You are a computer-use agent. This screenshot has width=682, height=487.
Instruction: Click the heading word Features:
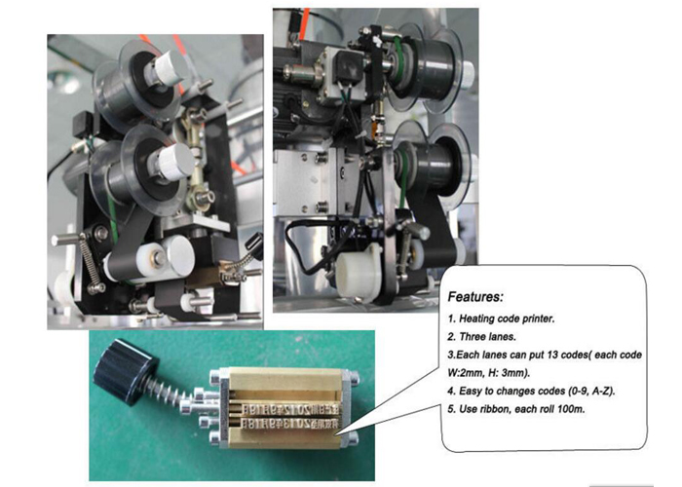click(475, 297)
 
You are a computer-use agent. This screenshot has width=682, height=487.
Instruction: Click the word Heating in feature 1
click(476, 319)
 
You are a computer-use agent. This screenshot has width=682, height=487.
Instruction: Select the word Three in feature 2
click(473, 337)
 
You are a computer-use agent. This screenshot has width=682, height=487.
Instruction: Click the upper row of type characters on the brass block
click(290, 409)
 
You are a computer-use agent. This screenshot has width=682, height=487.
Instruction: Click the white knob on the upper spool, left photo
click(169, 68)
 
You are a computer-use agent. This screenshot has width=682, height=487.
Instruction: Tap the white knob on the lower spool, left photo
click(175, 162)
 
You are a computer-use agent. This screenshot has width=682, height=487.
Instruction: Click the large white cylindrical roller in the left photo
click(166, 256)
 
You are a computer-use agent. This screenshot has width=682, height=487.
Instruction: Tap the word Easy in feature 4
click(470, 391)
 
